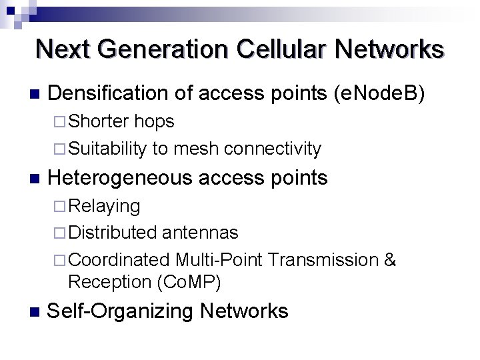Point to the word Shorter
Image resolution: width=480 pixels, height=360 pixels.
click(x=99, y=121)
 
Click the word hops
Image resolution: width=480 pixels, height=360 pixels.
click(x=154, y=121)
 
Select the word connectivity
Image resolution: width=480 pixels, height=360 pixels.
click(x=273, y=148)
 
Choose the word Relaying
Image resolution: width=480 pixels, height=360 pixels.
click(x=104, y=207)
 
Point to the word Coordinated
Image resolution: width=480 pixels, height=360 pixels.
click(x=119, y=259)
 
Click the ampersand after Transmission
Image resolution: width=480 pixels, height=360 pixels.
click(x=391, y=259)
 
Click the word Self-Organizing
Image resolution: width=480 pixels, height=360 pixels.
click(x=107, y=311)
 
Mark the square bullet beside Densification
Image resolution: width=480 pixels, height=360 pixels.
click(x=35, y=94)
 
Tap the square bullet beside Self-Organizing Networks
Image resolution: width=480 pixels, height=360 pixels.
click(x=35, y=311)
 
